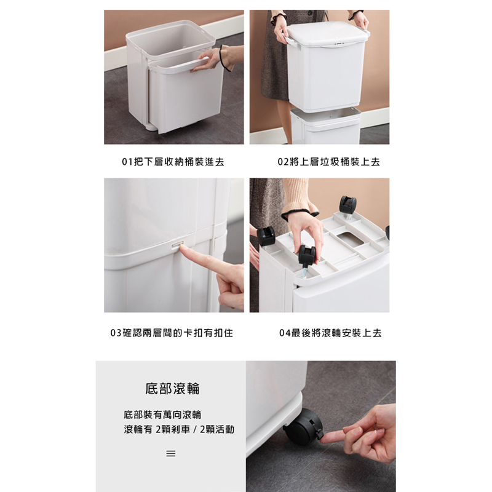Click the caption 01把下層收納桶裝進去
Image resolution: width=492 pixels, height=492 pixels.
(x=173, y=162)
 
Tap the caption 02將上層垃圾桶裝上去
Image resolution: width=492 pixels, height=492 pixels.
(x=328, y=162)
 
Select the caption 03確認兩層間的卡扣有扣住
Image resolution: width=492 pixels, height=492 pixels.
(x=172, y=333)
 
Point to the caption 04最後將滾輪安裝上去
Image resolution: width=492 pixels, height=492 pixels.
(x=330, y=333)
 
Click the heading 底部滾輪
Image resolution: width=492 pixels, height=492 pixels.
(x=172, y=389)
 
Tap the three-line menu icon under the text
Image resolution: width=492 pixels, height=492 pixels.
(x=171, y=453)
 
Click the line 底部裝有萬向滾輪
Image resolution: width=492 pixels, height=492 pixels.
(x=162, y=415)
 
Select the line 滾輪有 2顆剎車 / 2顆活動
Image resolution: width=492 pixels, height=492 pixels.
(x=179, y=429)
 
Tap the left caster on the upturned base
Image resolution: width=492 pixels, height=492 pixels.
(x=266, y=236)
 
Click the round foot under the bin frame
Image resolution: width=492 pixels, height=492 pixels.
(x=150, y=127)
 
